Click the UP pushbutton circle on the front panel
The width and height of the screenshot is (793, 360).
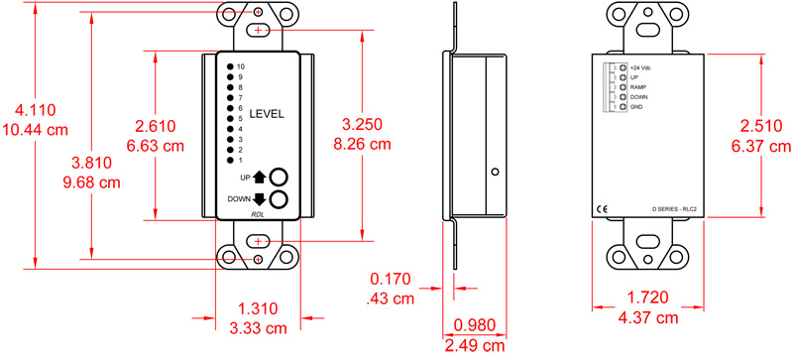280,177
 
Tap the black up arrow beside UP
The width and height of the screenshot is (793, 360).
261,178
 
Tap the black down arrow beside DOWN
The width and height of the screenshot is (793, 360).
261,199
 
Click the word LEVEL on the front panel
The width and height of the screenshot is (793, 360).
266,114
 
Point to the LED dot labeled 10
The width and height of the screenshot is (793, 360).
230,66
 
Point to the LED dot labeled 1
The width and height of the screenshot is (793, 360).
230,160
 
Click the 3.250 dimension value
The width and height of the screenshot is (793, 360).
364,126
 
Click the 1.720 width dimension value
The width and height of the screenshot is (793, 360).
650,298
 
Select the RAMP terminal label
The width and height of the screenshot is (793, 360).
638,87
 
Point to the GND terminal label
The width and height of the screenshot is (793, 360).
636,107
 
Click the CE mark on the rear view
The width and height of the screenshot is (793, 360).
601,209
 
